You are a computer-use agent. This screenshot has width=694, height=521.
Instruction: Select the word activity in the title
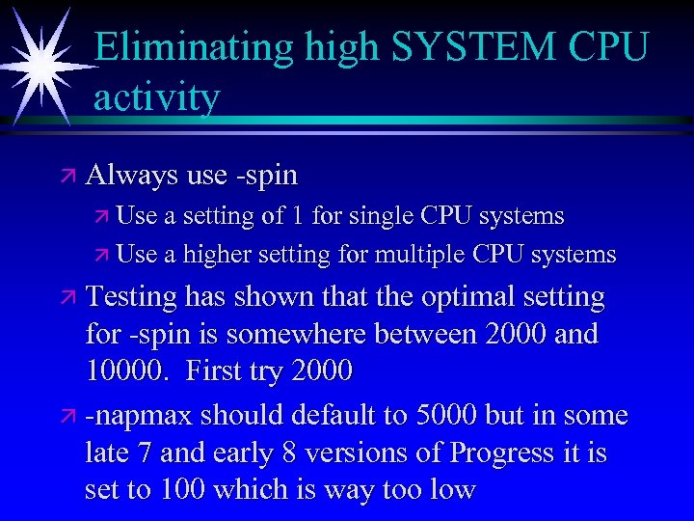[157, 96]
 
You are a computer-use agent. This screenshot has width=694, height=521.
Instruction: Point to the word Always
[132, 176]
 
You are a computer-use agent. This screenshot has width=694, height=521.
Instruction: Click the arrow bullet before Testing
[66, 298]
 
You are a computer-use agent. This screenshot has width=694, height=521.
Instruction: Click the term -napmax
[138, 416]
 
